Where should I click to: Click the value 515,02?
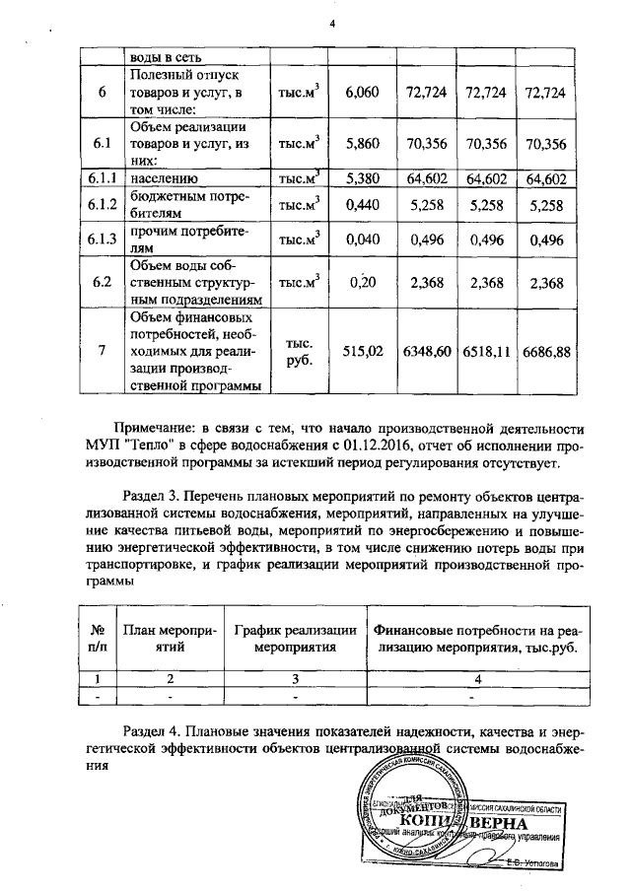click(362, 351)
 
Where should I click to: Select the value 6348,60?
click(427, 351)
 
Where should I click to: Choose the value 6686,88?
click(549, 351)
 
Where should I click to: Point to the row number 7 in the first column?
click(103, 351)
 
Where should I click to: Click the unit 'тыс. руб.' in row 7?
click(299, 352)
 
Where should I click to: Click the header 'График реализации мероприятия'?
click(294, 638)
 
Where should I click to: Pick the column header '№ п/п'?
click(98, 638)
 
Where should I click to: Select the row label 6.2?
click(103, 283)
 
